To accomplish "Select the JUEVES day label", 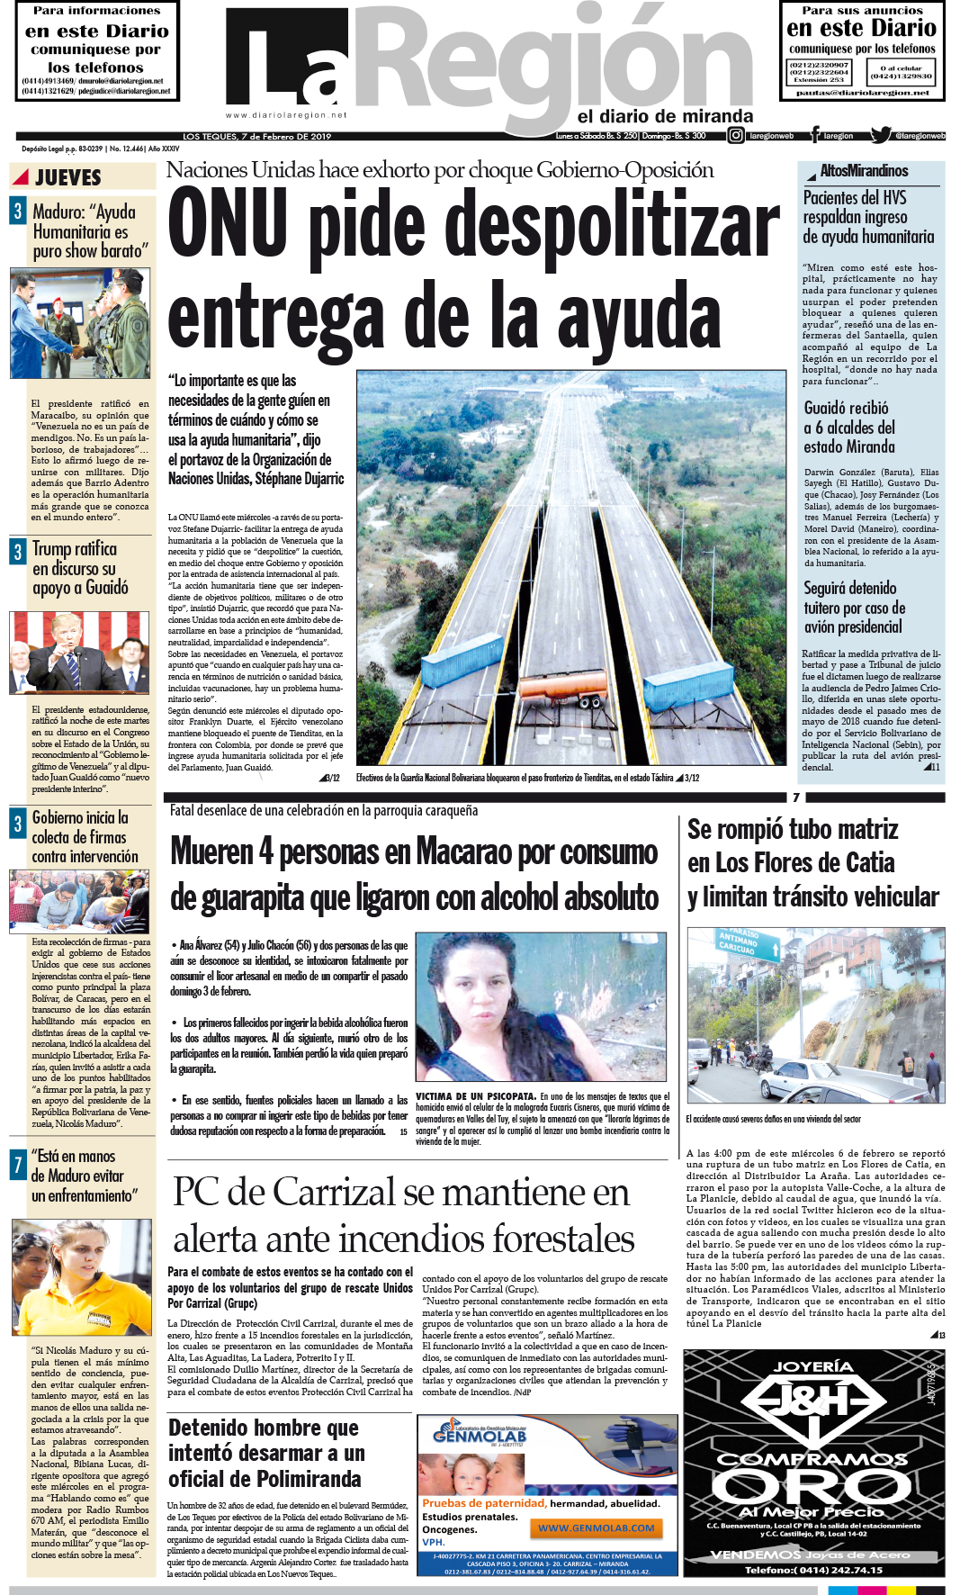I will pos(68,177).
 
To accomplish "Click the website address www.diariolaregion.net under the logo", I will pos(286,115).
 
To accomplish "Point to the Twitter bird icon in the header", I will pos(880,136).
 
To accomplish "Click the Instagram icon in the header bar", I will pos(735,136).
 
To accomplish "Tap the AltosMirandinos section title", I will pos(863,171).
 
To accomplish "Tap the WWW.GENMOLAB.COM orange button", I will pos(597,1527).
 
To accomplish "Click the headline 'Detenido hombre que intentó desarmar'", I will pos(265,1453).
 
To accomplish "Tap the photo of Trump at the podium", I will pos(79,653).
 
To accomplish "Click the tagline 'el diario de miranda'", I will pos(665,116).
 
